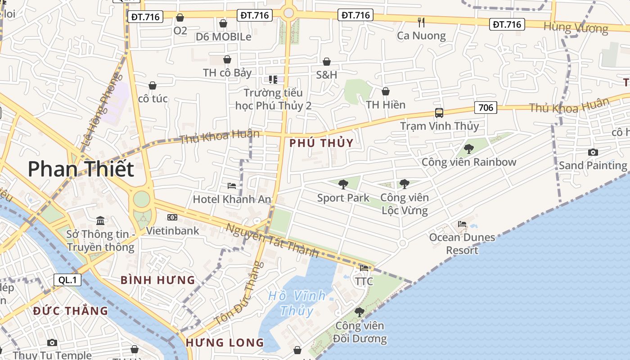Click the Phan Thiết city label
(x=81, y=169)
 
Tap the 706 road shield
(x=486, y=108)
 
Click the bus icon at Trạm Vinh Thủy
(x=439, y=113)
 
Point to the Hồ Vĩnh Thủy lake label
(x=297, y=303)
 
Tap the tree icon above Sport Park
(x=343, y=184)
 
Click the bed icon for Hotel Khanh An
(x=232, y=185)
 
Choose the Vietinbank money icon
(x=172, y=217)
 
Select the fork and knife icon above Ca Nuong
(x=421, y=22)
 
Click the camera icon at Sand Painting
(x=593, y=153)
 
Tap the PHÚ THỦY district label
(x=321, y=143)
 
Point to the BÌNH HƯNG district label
(x=157, y=280)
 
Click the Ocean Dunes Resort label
(x=462, y=243)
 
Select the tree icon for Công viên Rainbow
(x=469, y=148)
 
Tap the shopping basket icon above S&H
(x=327, y=62)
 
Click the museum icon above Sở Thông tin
(x=100, y=221)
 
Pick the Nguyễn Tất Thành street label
(x=272, y=241)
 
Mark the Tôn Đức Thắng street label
(x=237, y=295)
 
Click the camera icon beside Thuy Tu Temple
(x=52, y=343)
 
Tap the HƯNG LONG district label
(x=225, y=342)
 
